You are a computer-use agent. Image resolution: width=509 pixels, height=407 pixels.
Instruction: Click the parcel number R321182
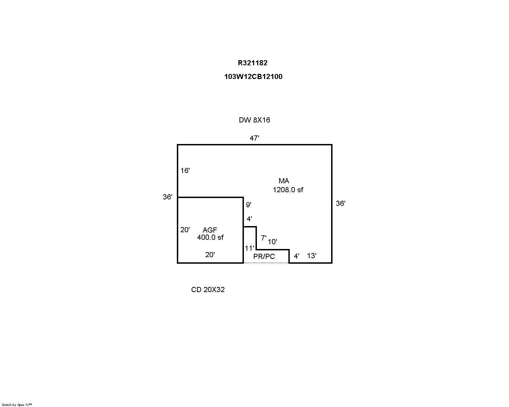(x=252, y=63)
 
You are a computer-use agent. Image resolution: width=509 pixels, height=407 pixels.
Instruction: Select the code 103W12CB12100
(x=253, y=77)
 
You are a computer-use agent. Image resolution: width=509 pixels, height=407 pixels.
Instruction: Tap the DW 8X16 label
(x=254, y=120)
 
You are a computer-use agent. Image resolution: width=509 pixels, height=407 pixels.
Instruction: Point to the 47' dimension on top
(x=254, y=138)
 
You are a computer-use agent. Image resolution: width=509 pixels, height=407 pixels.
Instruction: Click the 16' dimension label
(x=185, y=171)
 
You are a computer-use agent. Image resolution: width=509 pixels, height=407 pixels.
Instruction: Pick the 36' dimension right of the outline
(x=341, y=203)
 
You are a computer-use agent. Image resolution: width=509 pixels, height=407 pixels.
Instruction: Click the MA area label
(x=284, y=181)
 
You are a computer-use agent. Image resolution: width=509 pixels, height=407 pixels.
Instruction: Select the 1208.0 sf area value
(x=288, y=190)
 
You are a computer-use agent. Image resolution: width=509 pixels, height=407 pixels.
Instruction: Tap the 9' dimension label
(x=249, y=205)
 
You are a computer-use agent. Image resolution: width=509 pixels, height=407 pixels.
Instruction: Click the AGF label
(x=210, y=230)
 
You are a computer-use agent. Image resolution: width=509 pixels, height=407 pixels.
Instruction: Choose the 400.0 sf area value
(x=210, y=237)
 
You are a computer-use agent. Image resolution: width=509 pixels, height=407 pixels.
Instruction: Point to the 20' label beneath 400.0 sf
(x=210, y=255)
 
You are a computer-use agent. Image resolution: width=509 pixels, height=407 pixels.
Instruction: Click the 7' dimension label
(x=263, y=238)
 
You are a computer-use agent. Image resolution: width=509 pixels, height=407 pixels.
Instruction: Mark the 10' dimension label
(x=272, y=242)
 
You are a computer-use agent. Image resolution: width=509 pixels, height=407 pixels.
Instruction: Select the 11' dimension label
(x=249, y=248)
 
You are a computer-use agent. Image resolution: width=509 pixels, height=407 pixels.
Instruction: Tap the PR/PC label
(x=264, y=257)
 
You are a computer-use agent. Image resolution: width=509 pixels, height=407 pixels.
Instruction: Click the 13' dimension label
(x=312, y=255)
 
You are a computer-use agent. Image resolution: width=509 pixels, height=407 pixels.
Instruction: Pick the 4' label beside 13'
(x=297, y=256)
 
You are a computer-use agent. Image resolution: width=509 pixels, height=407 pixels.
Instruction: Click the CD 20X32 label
(x=208, y=289)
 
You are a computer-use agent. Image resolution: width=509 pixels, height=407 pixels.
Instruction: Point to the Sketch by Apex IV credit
(x=17, y=405)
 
